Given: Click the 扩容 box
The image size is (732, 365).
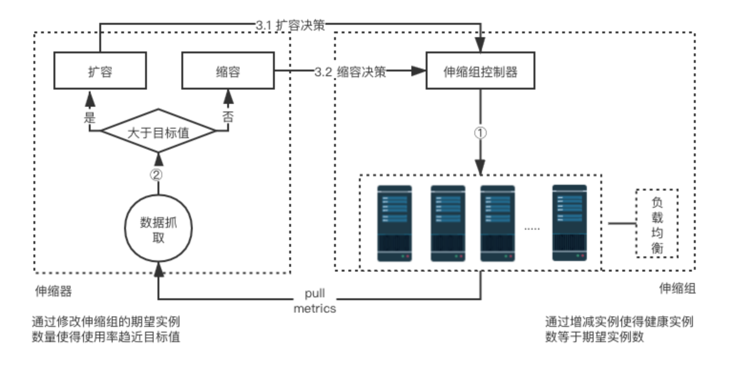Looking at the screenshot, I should [100, 71].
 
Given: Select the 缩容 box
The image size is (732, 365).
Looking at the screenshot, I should [228, 71].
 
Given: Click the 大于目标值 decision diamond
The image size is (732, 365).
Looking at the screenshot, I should [158, 132].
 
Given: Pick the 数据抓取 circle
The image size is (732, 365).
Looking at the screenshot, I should [158, 229].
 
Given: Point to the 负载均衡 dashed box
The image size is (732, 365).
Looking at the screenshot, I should [657, 223].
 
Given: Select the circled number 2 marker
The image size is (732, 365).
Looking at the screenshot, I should [157, 174].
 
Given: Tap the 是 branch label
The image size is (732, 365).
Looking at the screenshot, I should [89, 117].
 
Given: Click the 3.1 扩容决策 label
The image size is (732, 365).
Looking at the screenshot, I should [290, 25].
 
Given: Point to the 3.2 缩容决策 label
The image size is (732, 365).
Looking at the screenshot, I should [350, 72].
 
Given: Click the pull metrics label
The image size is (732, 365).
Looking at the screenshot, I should [314, 301].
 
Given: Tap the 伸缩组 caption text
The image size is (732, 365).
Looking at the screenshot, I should [677, 288].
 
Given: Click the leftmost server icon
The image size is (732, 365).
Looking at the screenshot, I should [395, 223].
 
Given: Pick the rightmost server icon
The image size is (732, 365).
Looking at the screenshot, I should [569, 223].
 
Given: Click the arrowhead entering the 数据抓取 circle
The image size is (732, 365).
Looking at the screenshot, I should [159, 271].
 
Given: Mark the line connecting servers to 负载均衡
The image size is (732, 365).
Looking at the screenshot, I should [622, 223].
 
